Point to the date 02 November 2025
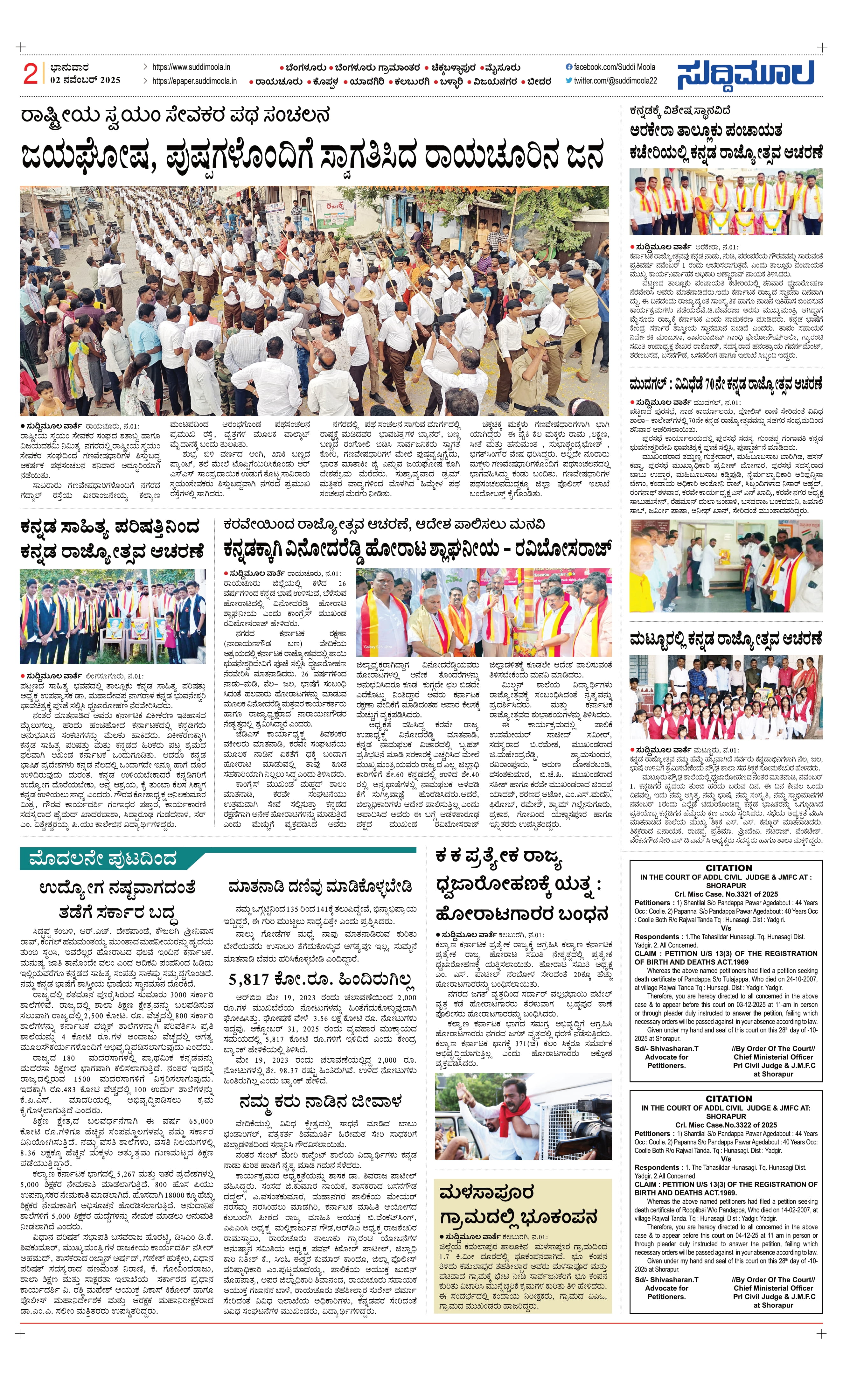[85, 80]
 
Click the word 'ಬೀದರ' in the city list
[539, 82]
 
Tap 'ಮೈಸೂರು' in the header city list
[503, 68]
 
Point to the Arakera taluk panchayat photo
[726, 202]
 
